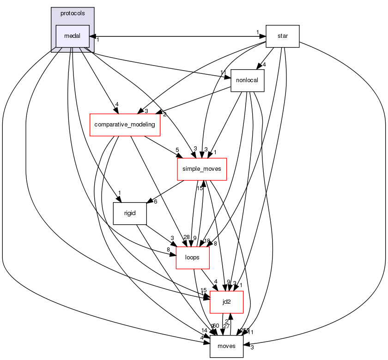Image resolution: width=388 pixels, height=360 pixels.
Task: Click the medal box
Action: (72, 36)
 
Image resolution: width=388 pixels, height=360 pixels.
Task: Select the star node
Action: (282, 36)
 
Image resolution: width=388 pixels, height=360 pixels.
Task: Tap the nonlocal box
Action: (247, 81)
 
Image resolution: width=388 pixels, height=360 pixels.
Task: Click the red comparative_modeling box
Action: (125, 125)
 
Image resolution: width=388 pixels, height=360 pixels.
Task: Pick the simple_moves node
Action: (201, 169)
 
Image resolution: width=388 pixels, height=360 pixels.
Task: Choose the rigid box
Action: (130, 213)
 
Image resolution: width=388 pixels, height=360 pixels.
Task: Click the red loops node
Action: (193, 258)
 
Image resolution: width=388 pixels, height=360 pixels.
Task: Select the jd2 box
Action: (226, 302)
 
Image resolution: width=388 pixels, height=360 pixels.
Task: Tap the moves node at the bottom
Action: (226, 346)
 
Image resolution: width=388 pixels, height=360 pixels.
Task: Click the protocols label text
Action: (73, 13)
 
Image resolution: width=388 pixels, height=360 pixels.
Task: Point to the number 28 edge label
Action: (187, 237)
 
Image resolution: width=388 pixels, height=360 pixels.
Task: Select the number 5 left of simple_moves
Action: (176, 150)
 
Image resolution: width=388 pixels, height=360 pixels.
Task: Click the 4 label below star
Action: (264, 65)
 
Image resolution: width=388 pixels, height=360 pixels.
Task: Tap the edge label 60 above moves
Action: (216, 326)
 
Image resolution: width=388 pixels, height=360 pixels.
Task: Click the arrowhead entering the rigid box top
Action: (119, 199)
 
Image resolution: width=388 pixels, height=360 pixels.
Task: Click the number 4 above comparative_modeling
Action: (117, 105)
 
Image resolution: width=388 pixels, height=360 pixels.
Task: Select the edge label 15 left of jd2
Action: (204, 290)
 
